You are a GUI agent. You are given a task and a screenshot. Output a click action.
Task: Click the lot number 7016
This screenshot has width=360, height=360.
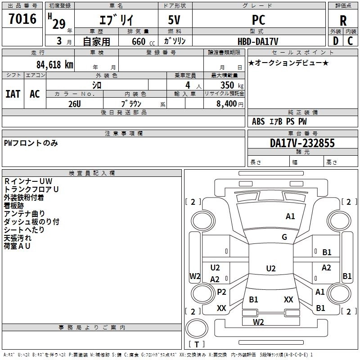[22, 19]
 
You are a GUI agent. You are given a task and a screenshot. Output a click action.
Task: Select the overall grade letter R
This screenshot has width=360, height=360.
[343, 21]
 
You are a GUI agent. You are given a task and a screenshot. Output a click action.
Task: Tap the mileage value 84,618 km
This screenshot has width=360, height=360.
[55, 64]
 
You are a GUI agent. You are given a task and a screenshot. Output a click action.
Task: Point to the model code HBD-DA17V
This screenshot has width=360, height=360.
[258, 41]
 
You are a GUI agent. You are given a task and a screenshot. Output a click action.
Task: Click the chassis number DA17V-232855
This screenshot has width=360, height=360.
[302, 143]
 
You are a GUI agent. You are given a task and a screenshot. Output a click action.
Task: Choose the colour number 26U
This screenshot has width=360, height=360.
[75, 104]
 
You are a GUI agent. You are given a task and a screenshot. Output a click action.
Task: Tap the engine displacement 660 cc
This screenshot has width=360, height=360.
[143, 41]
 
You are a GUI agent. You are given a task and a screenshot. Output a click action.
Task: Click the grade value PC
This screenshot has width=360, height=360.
[258, 20]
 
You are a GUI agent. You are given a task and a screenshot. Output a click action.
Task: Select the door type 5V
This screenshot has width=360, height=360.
[174, 20]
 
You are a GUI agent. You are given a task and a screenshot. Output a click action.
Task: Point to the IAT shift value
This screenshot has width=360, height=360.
[13, 94]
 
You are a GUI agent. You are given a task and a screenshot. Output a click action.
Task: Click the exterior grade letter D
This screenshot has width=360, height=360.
[336, 41]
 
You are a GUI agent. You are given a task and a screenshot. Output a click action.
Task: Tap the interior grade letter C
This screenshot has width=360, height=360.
[350, 41]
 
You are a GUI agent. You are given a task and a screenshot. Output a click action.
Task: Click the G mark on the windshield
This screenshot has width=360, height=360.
[284, 237]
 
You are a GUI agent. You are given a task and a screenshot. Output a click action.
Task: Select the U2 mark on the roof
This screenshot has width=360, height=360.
[271, 268]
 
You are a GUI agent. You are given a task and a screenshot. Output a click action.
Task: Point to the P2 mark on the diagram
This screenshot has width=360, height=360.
[221, 292]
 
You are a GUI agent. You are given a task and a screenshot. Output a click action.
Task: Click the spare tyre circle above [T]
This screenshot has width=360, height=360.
[197, 328]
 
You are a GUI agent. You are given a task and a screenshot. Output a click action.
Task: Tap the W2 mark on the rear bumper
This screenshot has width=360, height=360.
[258, 322]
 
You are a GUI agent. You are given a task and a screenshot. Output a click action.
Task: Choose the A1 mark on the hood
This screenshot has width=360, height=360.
[290, 216]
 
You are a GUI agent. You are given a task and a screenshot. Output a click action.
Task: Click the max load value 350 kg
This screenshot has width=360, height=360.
[232, 85]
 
